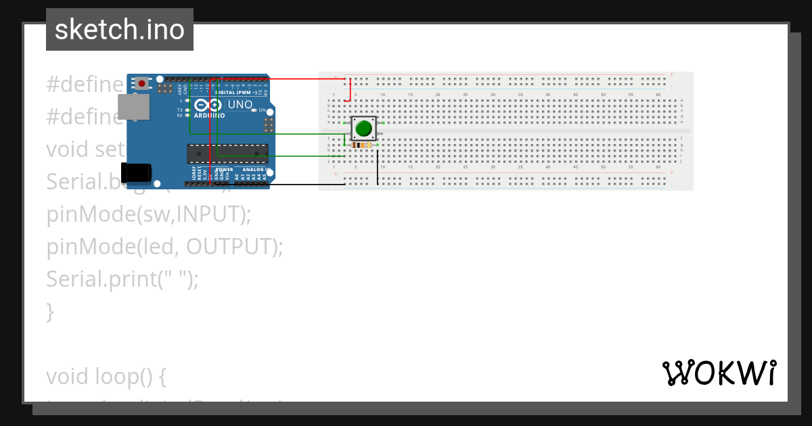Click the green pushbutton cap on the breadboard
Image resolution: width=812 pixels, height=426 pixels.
(x=364, y=128)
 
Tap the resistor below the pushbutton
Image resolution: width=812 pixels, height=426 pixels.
(x=363, y=145)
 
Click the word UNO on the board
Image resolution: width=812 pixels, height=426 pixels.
(x=240, y=105)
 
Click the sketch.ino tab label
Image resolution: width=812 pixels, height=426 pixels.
(x=120, y=30)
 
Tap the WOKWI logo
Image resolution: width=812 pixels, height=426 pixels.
(x=719, y=373)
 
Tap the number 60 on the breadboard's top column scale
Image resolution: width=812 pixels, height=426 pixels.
(x=658, y=94)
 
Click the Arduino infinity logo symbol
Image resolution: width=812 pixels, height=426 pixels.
(x=208, y=105)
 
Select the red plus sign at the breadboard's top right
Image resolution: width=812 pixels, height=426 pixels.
(x=671, y=74)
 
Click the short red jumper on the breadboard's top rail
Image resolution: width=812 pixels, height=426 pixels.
(x=350, y=89)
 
